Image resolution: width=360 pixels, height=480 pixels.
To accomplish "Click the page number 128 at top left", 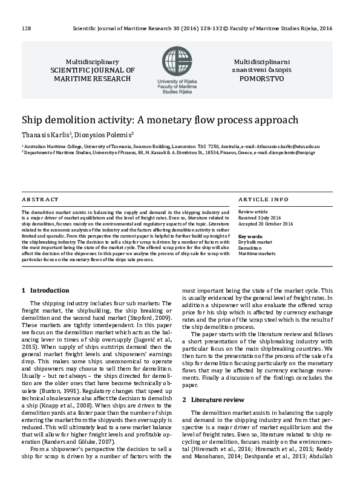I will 26,28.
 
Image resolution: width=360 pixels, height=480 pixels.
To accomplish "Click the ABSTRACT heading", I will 40,199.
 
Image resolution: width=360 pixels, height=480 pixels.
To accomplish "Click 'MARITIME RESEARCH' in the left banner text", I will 92,79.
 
